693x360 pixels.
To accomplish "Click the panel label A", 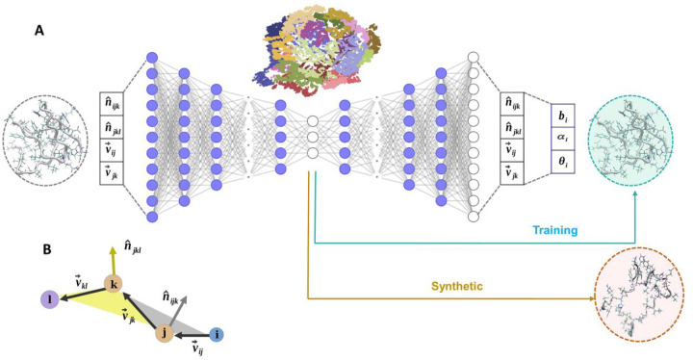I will pos(39,30).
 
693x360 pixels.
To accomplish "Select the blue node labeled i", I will pos(218,335).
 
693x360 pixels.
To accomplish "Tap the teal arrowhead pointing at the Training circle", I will pos(636,193).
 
